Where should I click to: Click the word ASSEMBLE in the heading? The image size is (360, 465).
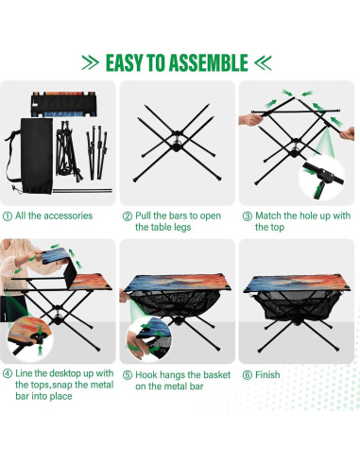click(x=204, y=62)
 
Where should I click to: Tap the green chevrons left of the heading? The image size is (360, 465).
click(x=89, y=63)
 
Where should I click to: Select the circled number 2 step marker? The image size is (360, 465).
click(x=128, y=216)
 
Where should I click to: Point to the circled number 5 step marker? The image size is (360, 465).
click(x=128, y=375)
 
